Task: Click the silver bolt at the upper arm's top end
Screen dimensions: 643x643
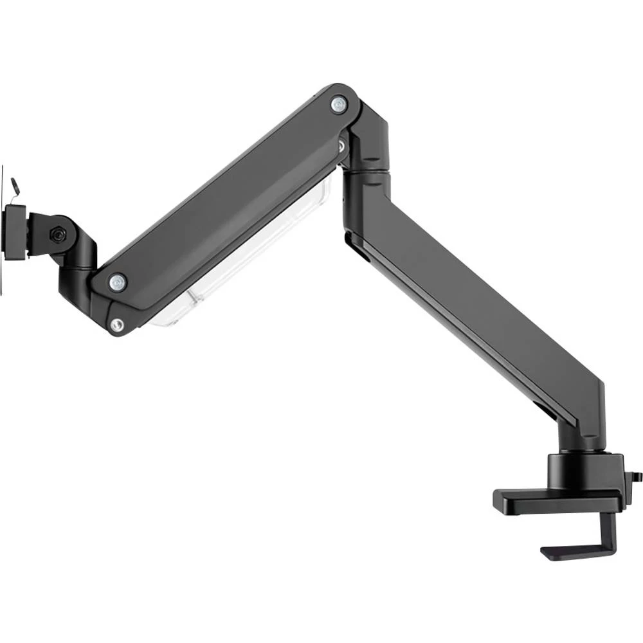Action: [x=338, y=104]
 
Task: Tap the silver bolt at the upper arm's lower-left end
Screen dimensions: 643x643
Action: [x=117, y=281]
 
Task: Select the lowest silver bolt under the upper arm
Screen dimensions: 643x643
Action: [x=116, y=325]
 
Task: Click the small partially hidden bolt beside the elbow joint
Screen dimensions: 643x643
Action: [x=341, y=146]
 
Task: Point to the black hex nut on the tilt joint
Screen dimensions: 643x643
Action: [x=58, y=235]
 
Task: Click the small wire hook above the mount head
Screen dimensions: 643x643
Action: [x=15, y=185]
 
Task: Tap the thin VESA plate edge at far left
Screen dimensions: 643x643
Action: [x=2, y=231]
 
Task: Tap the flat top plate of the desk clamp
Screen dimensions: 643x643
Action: [x=553, y=500]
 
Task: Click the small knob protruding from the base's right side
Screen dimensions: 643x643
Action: [x=637, y=476]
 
